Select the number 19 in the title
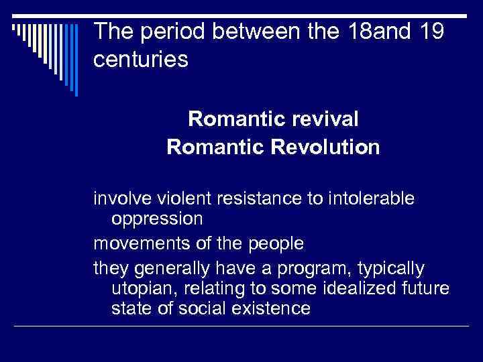[427, 31]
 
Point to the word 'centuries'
[141, 60]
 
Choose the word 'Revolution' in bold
[328, 147]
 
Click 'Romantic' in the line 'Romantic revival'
[228, 119]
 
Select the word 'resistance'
[254, 199]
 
